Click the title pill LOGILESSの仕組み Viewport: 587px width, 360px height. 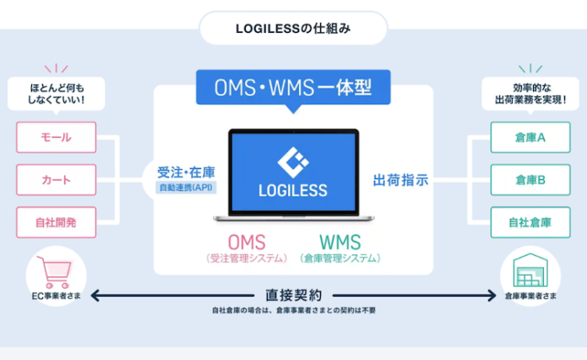pyautogui.click(x=292, y=28)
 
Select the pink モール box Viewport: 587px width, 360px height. pyautogui.click(x=56, y=137)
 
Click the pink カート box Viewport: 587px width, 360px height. pyautogui.click(x=56, y=180)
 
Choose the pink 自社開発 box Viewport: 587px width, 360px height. pyautogui.click(x=56, y=222)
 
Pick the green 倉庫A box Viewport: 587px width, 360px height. pyautogui.click(x=530, y=137)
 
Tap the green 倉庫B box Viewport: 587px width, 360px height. pyautogui.click(x=530, y=180)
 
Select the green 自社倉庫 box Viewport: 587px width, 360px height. pyautogui.click(x=530, y=222)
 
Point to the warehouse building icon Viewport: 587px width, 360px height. pyautogui.click(x=531, y=270)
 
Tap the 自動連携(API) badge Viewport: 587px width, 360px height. pyautogui.click(x=185, y=187)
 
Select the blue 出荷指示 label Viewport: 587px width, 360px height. pyautogui.click(x=401, y=180)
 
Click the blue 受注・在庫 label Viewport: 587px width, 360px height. pyautogui.click(x=186, y=169)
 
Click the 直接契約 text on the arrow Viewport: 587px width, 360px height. pyautogui.click(x=293, y=295)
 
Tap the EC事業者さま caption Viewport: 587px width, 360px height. pyautogui.click(x=57, y=297)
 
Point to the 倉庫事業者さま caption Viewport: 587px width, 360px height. pyautogui.click(x=531, y=297)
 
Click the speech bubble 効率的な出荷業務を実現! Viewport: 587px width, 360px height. pyautogui.click(x=529, y=93)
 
